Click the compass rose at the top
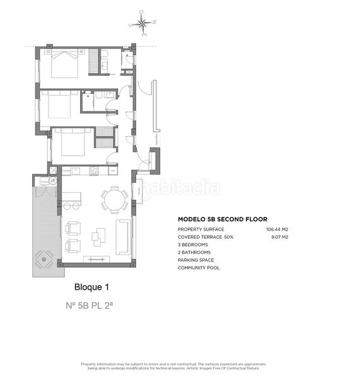[x=144, y=25]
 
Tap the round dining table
[x=115, y=200]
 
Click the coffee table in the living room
[x=99, y=238]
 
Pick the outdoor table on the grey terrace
[x=44, y=258]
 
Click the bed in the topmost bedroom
[x=64, y=63]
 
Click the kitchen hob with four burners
[x=94, y=170]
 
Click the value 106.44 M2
[x=277, y=229]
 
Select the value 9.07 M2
[x=279, y=237]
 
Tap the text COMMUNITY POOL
[x=199, y=268]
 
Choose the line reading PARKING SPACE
[x=195, y=260]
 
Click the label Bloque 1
[x=91, y=287]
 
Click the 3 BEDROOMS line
[x=194, y=244]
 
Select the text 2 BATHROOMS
[x=194, y=252]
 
